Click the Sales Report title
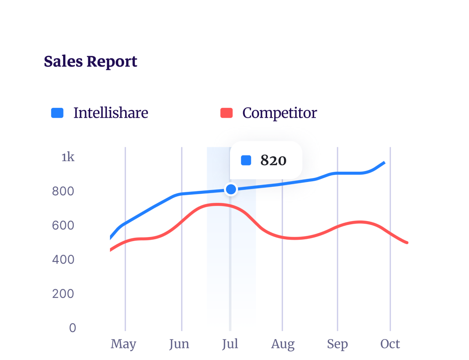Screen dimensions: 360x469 (90, 62)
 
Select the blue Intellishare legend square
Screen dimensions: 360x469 (57, 113)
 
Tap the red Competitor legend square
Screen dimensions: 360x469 (226, 113)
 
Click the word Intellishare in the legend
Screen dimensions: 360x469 (110, 113)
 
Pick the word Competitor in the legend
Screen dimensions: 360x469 (279, 113)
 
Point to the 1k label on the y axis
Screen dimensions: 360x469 (68, 157)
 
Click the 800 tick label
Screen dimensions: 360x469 (63, 191)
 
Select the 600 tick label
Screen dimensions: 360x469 (63, 225)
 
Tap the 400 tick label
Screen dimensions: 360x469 (63, 259)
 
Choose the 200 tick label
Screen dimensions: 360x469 (63, 294)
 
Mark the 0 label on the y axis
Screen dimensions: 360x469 (73, 328)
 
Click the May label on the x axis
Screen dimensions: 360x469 (123, 344)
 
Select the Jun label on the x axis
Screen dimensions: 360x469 (179, 344)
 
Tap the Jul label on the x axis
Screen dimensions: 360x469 (230, 344)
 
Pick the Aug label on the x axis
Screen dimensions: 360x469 (283, 344)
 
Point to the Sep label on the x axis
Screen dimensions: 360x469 (337, 344)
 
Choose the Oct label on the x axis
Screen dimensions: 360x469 (390, 344)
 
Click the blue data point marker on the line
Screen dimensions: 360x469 (231, 189)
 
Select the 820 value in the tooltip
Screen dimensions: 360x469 (273, 160)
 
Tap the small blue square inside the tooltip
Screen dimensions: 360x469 (246, 160)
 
